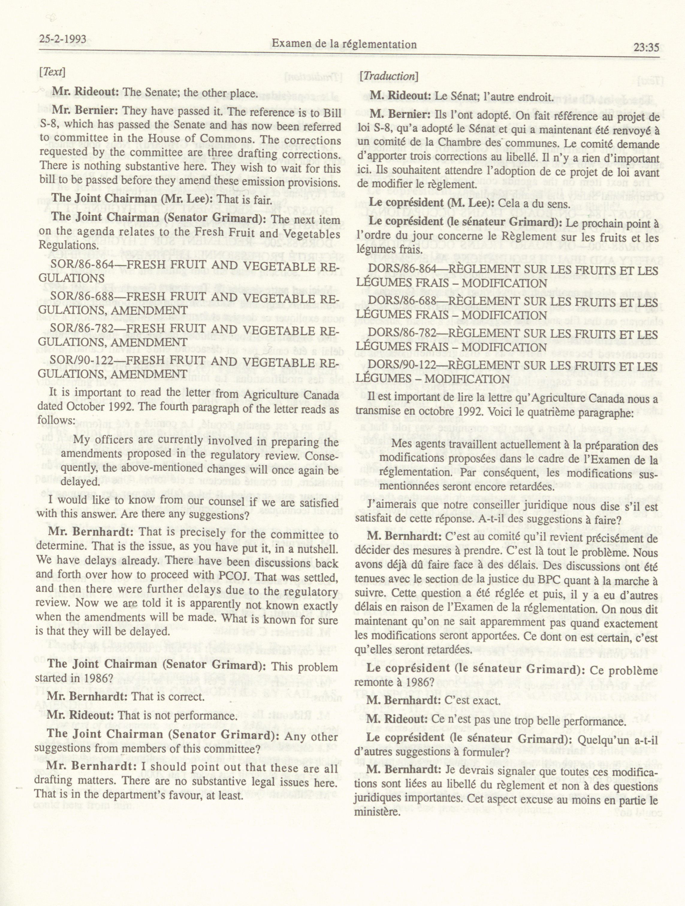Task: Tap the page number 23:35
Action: [x=646, y=47]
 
